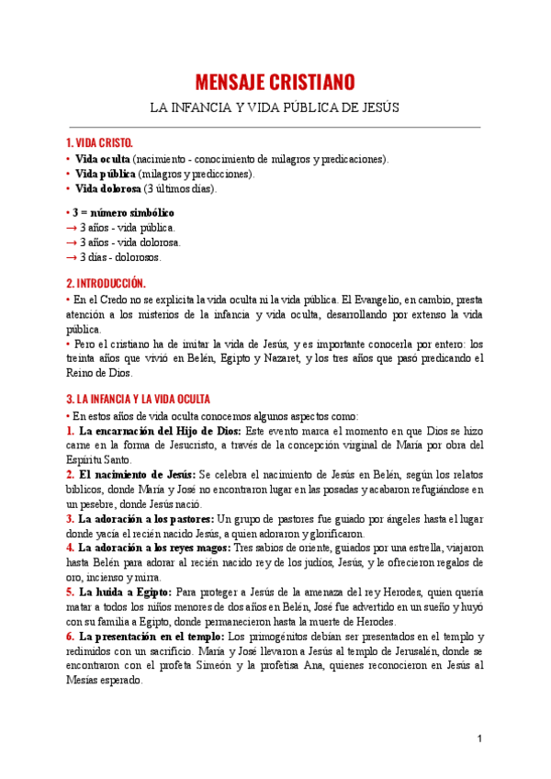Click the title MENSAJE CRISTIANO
pos(275,82)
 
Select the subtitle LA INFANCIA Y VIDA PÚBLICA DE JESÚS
pos(275,107)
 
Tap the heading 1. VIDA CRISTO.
pos(100,143)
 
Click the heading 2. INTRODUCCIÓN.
pos(106,283)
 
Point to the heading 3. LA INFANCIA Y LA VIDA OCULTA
pos(139,400)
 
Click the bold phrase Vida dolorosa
pos(108,189)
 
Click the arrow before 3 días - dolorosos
pos(72,257)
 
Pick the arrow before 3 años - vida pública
pos(72,227)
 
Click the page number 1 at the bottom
pos(479,739)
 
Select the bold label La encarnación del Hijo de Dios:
pos(160,430)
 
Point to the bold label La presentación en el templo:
pos(152,636)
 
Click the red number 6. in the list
pos(71,636)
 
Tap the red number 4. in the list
pos(71,548)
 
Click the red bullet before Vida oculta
pos(68,159)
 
